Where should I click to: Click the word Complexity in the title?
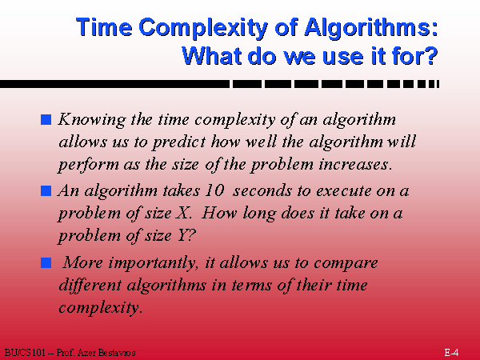tap(202, 28)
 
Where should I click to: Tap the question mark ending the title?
tap(431, 55)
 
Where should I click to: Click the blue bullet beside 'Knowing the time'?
tap(46, 119)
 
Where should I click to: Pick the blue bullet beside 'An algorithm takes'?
tap(46, 190)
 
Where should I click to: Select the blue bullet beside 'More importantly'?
tap(46, 262)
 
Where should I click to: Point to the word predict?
tap(179, 142)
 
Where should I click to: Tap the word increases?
tap(354, 165)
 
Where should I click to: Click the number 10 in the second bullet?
tap(214, 190)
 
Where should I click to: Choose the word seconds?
tap(262, 190)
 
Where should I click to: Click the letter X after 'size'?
tap(182, 213)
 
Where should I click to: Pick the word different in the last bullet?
tap(90, 285)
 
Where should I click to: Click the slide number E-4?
tap(451, 352)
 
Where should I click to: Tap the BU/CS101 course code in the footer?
tap(25, 353)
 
